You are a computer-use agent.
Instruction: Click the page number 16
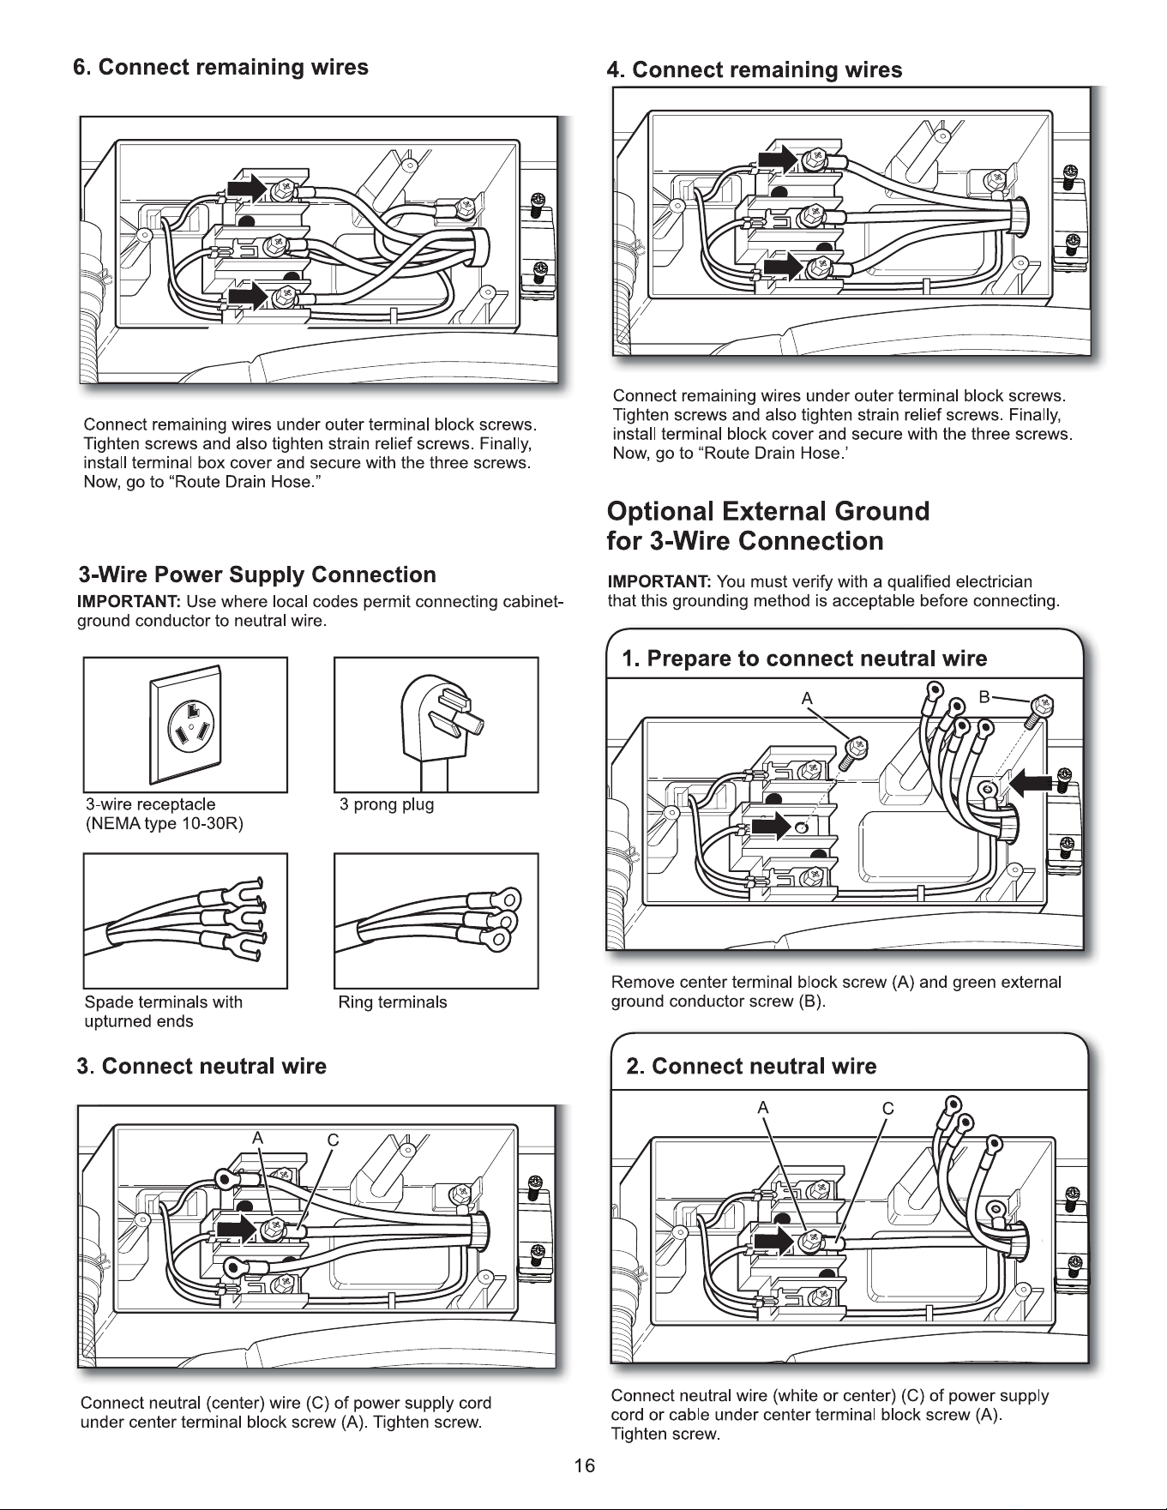(x=584, y=1465)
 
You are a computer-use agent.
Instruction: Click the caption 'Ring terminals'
(x=393, y=1002)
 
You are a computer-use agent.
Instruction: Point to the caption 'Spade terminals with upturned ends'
(x=163, y=1012)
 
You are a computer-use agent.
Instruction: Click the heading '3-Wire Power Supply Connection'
(x=257, y=575)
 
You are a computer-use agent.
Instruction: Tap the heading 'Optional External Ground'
(x=768, y=511)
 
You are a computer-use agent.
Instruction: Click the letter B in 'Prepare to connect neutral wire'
(x=985, y=696)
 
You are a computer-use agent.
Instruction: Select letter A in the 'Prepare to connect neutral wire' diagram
(x=807, y=698)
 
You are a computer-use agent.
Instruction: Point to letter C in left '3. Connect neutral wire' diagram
(x=334, y=1140)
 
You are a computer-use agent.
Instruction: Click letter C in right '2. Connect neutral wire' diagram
(x=888, y=1108)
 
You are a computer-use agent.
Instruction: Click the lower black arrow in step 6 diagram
(x=248, y=297)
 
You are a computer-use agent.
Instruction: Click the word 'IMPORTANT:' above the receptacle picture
(x=129, y=600)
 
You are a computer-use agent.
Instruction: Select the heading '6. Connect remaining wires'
(x=221, y=67)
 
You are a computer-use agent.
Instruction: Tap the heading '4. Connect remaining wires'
(x=755, y=69)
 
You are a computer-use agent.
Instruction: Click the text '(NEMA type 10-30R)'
(x=165, y=824)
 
